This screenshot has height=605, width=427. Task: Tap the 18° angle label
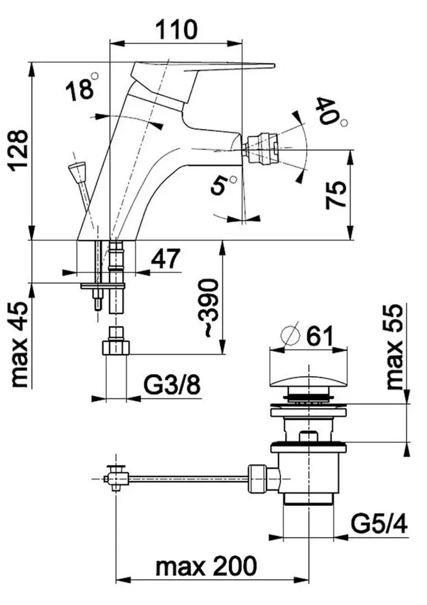pos(82,87)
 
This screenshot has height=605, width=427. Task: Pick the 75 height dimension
pos(335,196)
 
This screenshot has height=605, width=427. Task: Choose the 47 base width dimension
pos(165,258)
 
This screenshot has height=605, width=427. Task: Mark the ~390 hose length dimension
pos(208,308)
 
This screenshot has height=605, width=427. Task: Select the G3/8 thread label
pos(172,385)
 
